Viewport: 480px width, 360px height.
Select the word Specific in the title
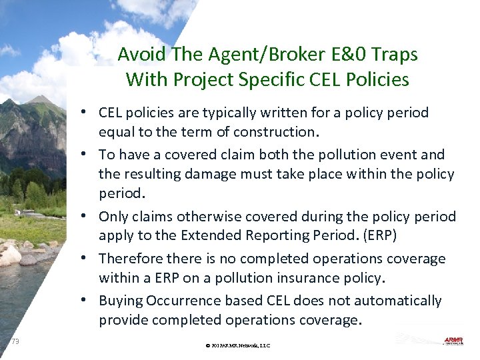click(266, 80)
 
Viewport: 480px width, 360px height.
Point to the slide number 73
click(15, 341)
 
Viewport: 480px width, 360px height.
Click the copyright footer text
click(238, 345)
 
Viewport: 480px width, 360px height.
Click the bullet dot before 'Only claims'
click(89, 216)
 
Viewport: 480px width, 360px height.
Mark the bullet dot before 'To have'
click(89, 155)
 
